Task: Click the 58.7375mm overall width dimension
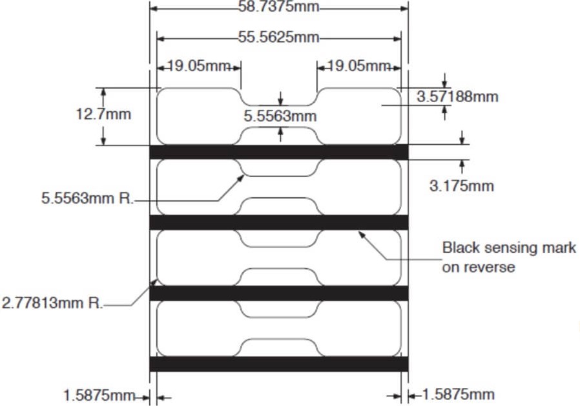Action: pos(279,7)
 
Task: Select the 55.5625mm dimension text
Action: pos(279,37)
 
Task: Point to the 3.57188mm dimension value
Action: pos(457,97)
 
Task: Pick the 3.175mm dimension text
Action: pos(461,186)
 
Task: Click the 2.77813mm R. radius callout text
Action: pos(52,303)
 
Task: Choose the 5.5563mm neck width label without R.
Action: pos(280,116)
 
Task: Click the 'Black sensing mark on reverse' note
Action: pos(508,257)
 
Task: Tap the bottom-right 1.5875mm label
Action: pos(458,394)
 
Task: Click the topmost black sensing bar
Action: pos(278,151)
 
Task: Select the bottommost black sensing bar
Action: pos(278,364)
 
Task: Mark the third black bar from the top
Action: pos(278,293)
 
